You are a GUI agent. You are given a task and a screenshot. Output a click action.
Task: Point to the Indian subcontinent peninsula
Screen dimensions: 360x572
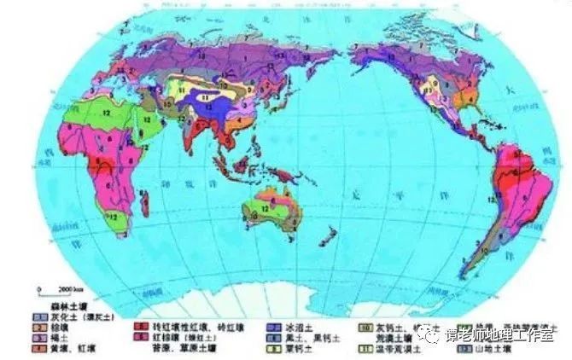(192, 136)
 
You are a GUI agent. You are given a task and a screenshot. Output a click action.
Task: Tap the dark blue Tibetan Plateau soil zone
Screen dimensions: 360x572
(210, 99)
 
